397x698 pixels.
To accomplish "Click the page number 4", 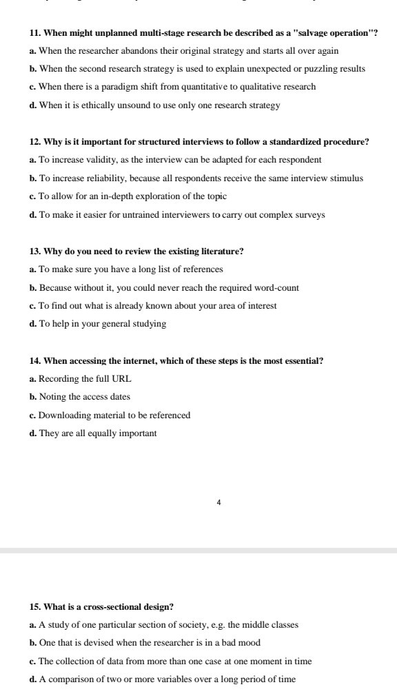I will (x=218, y=503).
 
